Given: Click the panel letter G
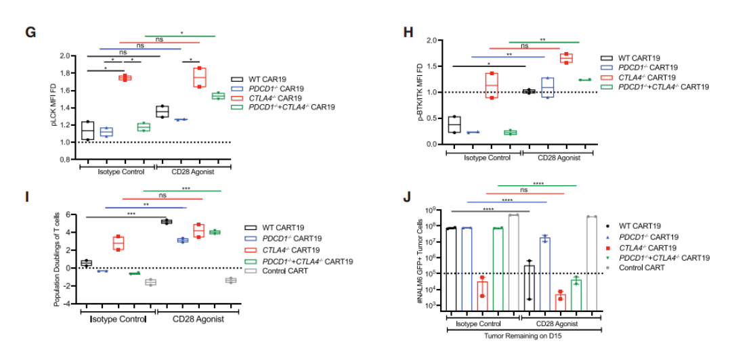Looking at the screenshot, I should coord(29,32).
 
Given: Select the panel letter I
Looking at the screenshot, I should coord(27,197).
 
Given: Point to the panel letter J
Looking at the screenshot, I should coord(406,197).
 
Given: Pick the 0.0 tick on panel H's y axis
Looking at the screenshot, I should coord(430,145).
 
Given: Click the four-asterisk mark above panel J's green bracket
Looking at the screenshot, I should coord(536,181).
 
